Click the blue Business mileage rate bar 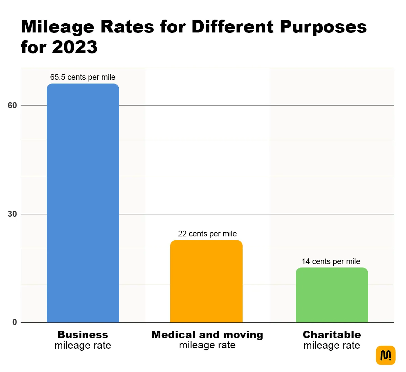click(x=83, y=203)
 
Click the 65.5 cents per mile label click(x=83, y=77)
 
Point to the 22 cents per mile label click(x=207, y=234)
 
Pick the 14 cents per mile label click(x=331, y=261)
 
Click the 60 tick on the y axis click(x=12, y=106)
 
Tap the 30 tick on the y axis click(x=12, y=214)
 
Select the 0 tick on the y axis click(x=15, y=322)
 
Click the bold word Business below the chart click(x=83, y=334)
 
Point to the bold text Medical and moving click(x=207, y=334)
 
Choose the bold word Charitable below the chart click(x=332, y=334)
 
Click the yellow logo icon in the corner click(x=385, y=355)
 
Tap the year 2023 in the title click(x=75, y=47)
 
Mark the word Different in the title click(x=232, y=27)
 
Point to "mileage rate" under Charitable click(x=332, y=345)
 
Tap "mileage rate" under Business click(x=83, y=345)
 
